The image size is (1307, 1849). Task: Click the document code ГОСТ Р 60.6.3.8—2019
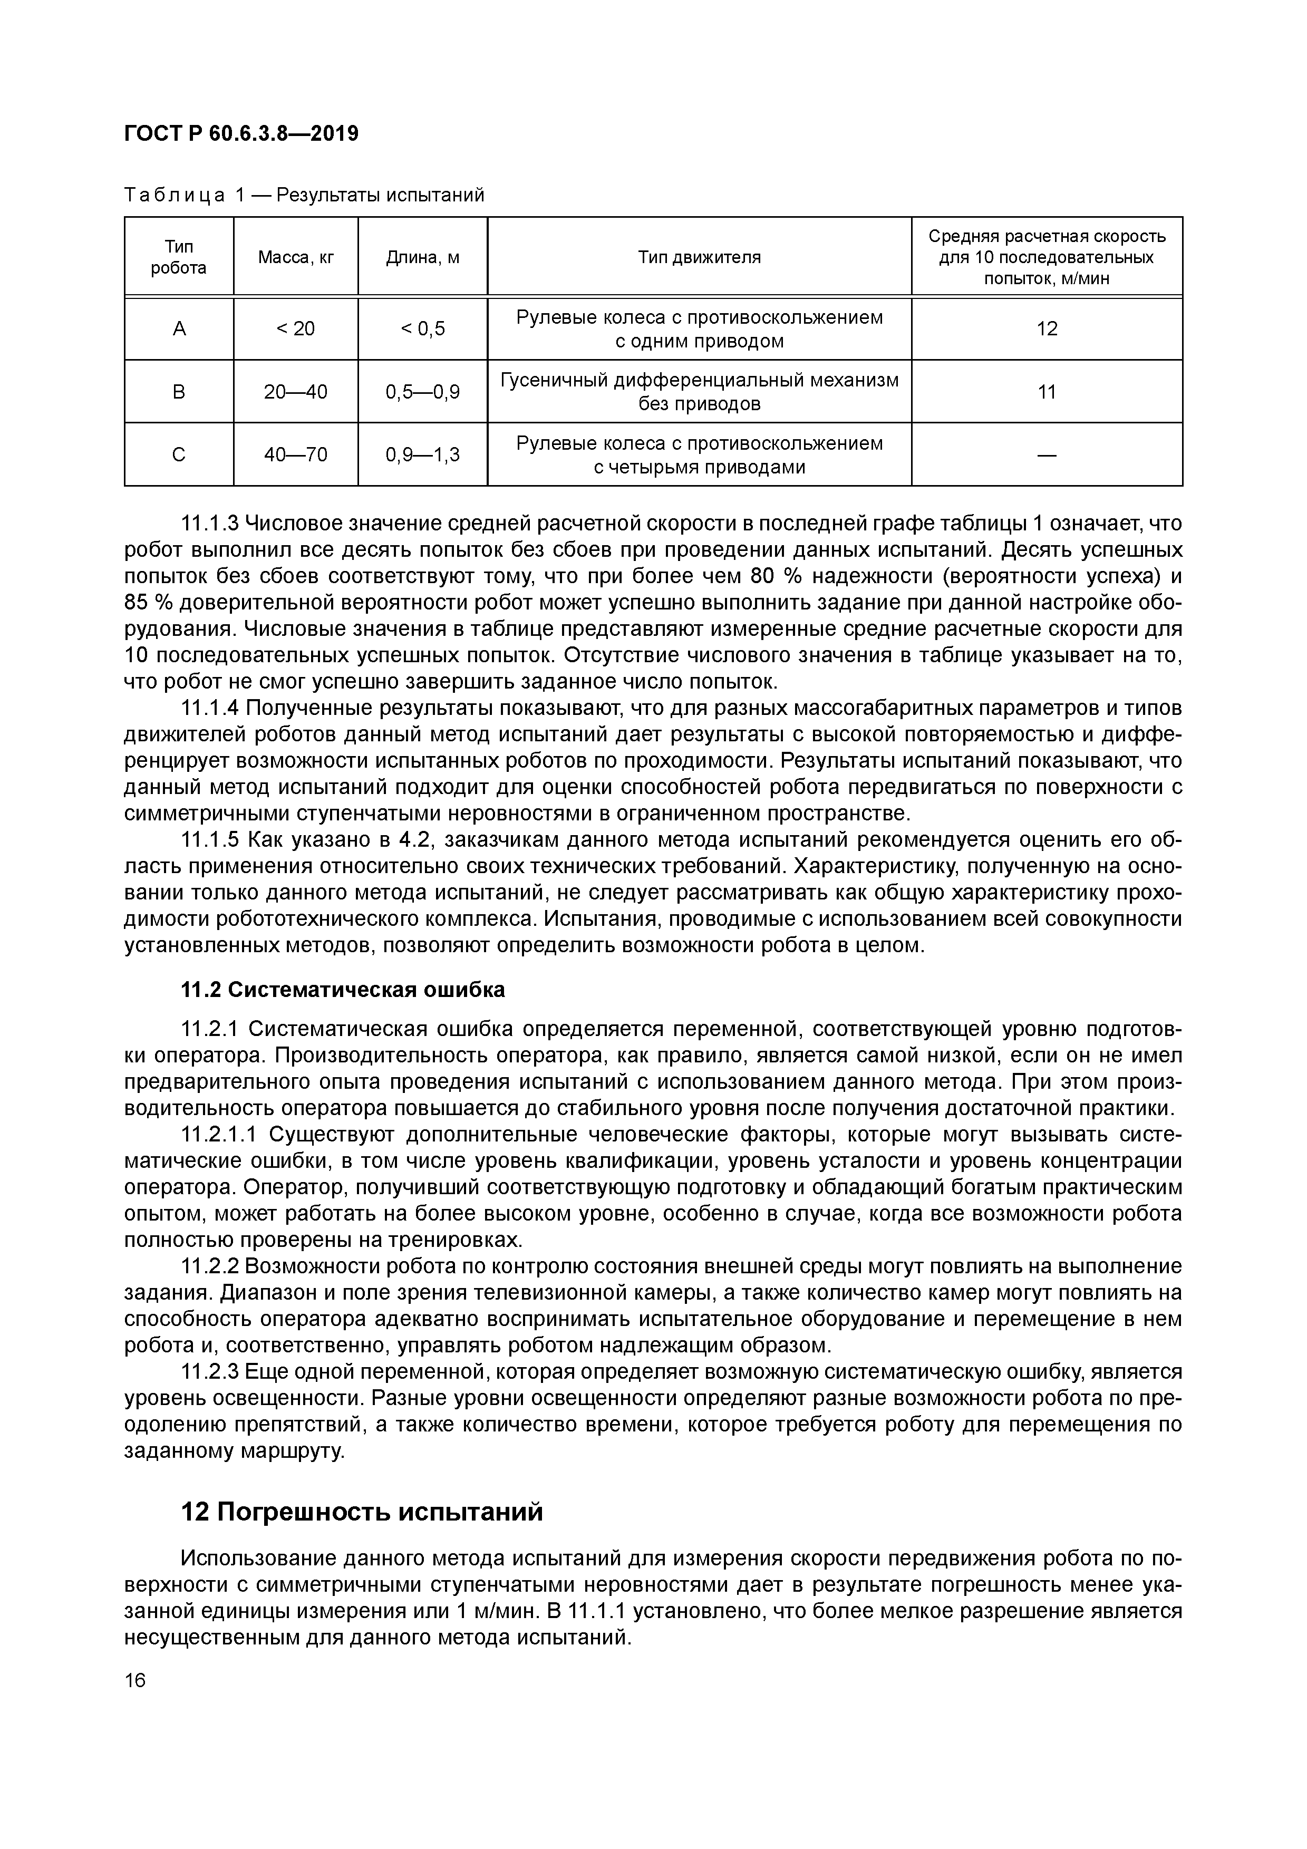pyautogui.click(x=241, y=133)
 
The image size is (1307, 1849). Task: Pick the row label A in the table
pyautogui.click(x=179, y=328)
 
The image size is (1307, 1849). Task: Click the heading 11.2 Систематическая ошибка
pyautogui.click(x=344, y=990)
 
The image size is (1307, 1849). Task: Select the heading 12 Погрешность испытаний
pyautogui.click(x=362, y=1513)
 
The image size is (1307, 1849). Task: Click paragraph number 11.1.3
pyautogui.click(x=210, y=524)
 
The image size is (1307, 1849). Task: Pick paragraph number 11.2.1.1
pyautogui.click(x=219, y=1135)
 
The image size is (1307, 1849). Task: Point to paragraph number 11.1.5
pyautogui.click(x=210, y=840)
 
